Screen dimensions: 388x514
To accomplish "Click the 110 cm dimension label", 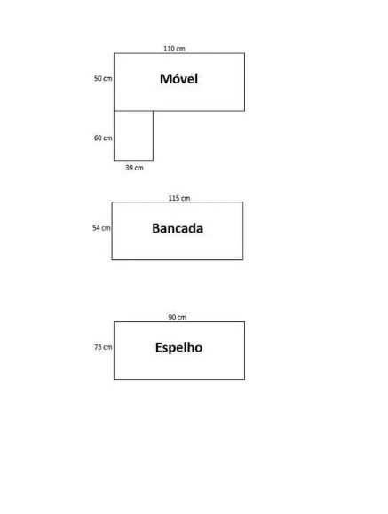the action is tap(174, 49).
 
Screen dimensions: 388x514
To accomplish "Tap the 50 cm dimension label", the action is tap(103, 79).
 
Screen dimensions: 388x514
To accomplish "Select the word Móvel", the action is tap(178, 79).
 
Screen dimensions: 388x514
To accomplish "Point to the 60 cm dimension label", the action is tap(103, 138).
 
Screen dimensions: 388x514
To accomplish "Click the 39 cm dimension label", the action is tap(134, 168).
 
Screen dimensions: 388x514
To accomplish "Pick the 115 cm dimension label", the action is tap(179, 198).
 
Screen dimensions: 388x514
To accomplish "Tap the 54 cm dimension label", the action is tap(101, 228).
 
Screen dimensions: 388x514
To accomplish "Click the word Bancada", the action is tap(178, 228).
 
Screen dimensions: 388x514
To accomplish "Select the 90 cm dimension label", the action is tap(177, 317).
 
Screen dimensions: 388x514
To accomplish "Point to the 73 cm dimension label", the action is tap(103, 347).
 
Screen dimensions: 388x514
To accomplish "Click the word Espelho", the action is tap(178, 347).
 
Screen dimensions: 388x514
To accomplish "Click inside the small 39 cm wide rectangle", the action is tap(133, 136).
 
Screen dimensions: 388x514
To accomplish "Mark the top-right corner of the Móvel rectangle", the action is tap(245, 53).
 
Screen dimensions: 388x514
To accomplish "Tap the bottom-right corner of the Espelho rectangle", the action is tap(245, 380).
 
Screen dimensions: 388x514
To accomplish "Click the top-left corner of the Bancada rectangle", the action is tap(112, 202).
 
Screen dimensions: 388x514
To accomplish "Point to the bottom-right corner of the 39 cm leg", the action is tap(154, 161).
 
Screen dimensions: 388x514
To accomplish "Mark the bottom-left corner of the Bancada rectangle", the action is tap(112, 259).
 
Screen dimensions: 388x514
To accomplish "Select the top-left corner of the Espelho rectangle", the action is tap(114, 321).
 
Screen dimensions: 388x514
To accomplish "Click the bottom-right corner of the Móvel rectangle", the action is tap(245, 111).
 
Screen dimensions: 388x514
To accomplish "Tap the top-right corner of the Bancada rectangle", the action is tap(243, 202).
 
